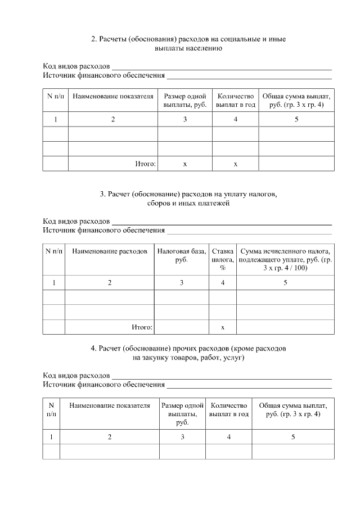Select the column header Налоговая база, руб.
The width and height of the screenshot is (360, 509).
[x=181, y=255]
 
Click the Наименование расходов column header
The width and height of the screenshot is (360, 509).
[x=110, y=251]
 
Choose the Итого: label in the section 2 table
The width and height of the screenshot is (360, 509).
[x=145, y=164]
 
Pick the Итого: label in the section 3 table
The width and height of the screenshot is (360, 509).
[x=142, y=327]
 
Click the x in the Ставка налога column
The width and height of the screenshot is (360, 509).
[x=223, y=327]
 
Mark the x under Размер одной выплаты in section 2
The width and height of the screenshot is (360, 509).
[x=185, y=164]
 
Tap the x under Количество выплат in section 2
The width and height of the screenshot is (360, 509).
[x=236, y=164]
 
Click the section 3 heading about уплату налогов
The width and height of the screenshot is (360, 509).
[x=188, y=199]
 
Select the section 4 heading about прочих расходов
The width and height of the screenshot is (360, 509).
[x=188, y=353]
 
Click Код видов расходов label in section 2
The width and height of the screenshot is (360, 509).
[x=76, y=66]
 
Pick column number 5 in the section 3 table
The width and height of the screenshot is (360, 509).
[x=285, y=283]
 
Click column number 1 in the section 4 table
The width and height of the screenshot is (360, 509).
[x=51, y=436]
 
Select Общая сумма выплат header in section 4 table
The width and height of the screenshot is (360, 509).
[x=293, y=409]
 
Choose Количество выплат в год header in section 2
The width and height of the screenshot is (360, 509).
[x=236, y=100]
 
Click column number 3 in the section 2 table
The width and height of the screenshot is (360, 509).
[x=185, y=119]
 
